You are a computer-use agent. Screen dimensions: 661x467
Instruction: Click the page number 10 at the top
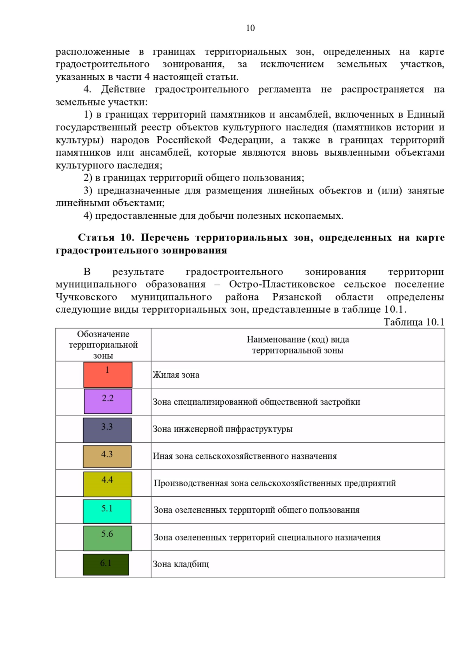pos(250,28)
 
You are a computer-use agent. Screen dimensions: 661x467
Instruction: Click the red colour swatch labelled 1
pos(108,375)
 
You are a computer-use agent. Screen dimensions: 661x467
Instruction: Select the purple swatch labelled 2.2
pos(108,401)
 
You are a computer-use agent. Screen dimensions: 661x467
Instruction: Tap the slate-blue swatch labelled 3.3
pos(107,430)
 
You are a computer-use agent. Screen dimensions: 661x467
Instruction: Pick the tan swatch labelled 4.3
pos(107,457)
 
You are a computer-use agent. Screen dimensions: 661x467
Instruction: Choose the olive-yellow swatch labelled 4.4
pos(107,484)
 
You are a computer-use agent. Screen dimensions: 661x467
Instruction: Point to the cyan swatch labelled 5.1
pos(107,511)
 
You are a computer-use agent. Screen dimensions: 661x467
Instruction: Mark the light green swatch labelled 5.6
pos(107,538)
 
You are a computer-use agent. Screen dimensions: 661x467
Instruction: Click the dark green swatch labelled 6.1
pos(106,564)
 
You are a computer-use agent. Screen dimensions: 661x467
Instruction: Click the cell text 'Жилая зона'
pos(176,375)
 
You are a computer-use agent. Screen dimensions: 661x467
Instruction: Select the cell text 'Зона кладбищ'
pos(181,564)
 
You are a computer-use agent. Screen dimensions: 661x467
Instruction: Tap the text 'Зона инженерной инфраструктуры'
pos(222,429)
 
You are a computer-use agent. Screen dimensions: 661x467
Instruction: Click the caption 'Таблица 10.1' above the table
pos(414,322)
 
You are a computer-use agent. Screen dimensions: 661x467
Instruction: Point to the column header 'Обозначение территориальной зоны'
pos(103,345)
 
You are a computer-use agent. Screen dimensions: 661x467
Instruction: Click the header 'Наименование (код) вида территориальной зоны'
pos(298,345)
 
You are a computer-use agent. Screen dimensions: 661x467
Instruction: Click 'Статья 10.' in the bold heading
pos(106,237)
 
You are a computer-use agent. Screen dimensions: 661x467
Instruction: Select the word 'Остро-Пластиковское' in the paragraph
pos(282,284)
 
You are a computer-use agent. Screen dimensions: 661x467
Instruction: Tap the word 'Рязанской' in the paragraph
pos(297,297)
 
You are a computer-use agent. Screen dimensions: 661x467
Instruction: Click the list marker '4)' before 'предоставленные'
pos(88,216)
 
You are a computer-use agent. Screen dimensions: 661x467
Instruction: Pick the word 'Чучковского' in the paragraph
pos(86,297)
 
